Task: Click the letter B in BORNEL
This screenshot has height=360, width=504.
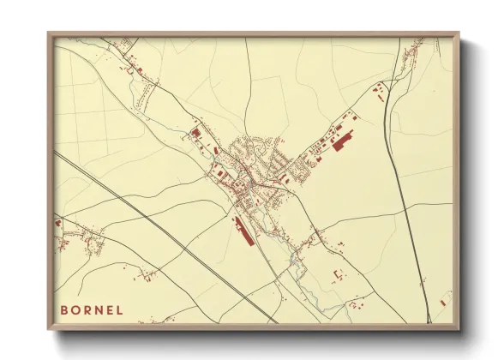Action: click(63, 309)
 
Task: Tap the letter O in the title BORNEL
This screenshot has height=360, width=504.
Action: click(76, 309)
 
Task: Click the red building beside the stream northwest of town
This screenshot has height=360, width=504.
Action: click(195, 134)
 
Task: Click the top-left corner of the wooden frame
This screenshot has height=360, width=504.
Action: click(48, 33)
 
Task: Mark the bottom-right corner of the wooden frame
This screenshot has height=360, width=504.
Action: click(459, 329)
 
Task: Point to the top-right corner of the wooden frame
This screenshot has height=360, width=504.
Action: click(459, 33)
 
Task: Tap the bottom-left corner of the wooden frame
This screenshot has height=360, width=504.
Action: click(48, 329)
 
